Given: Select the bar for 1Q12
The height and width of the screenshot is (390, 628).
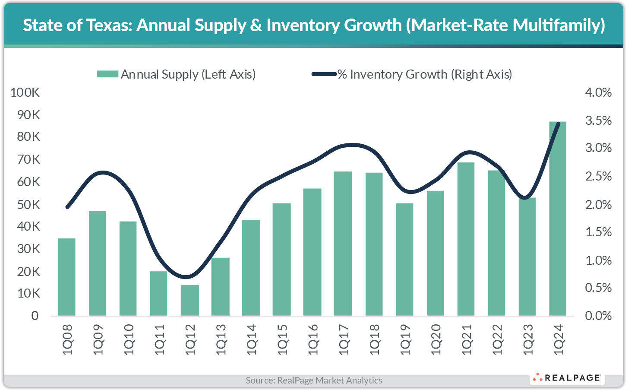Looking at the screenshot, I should [190, 300].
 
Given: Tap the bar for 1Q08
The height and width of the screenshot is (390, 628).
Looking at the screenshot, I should [67, 277].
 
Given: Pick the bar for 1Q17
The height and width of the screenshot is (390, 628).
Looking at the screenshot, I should [343, 244].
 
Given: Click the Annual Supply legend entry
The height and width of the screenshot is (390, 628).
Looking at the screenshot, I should [176, 74].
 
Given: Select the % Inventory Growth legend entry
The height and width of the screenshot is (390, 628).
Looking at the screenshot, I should [412, 74].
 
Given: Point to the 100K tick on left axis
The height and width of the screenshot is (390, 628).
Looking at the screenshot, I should [25, 92].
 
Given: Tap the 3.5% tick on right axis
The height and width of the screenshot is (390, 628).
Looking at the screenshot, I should [598, 120].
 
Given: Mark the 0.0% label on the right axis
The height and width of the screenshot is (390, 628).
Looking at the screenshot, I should [598, 316].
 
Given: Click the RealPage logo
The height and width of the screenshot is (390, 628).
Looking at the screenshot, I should [567, 378].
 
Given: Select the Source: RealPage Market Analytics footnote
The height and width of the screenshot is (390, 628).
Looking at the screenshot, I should [314, 380].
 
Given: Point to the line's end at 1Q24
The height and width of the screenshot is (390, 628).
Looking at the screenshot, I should [559, 124].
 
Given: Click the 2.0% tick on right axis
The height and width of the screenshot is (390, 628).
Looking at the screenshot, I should [598, 204].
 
